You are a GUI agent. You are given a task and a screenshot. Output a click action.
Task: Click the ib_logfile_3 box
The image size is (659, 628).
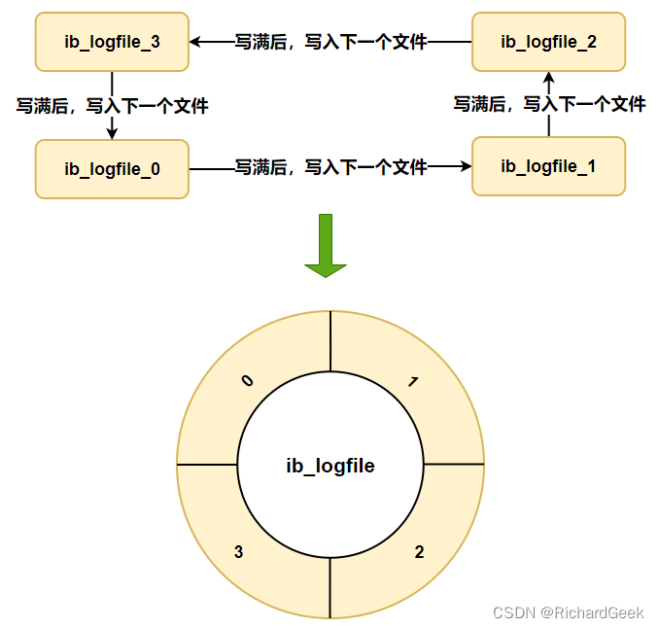pyautogui.click(x=112, y=42)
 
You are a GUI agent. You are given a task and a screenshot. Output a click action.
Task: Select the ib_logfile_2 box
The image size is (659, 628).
pyautogui.click(x=548, y=42)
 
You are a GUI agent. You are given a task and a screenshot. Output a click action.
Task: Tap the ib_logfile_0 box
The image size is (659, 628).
pyautogui.click(x=112, y=169)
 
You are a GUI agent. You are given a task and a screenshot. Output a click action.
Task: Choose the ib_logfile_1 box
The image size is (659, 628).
pyautogui.click(x=548, y=166)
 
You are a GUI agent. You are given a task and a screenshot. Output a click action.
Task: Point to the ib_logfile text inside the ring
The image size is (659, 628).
pyautogui.click(x=330, y=467)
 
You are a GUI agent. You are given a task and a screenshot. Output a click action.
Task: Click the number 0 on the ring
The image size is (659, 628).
pyautogui.click(x=247, y=381)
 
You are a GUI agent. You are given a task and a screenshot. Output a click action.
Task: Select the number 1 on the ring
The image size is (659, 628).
pyautogui.click(x=413, y=382)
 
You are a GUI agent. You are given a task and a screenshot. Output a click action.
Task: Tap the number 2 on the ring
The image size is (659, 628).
pyautogui.click(x=419, y=552)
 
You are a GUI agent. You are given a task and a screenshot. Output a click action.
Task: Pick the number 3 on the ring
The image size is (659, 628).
pyautogui.click(x=239, y=552)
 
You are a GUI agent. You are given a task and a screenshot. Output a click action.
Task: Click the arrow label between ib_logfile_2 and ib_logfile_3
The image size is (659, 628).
pyautogui.click(x=330, y=42)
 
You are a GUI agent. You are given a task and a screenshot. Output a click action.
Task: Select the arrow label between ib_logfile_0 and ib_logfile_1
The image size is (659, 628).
pyautogui.click(x=330, y=167)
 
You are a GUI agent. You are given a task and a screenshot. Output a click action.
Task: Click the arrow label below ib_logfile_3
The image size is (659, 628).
pyautogui.click(x=112, y=105)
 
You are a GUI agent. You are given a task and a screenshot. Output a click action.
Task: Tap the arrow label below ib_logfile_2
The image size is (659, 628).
pyautogui.click(x=549, y=104)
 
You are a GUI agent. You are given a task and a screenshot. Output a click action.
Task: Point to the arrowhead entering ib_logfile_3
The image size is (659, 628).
pyautogui.click(x=195, y=42)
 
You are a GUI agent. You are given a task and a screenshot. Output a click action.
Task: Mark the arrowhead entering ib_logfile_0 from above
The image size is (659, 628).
pyautogui.click(x=112, y=133)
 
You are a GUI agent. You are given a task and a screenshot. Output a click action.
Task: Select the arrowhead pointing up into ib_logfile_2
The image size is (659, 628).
pyautogui.click(x=548, y=78)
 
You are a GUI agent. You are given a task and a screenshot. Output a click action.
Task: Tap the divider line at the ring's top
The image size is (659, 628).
pyautogui.click(x=330, y=340)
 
